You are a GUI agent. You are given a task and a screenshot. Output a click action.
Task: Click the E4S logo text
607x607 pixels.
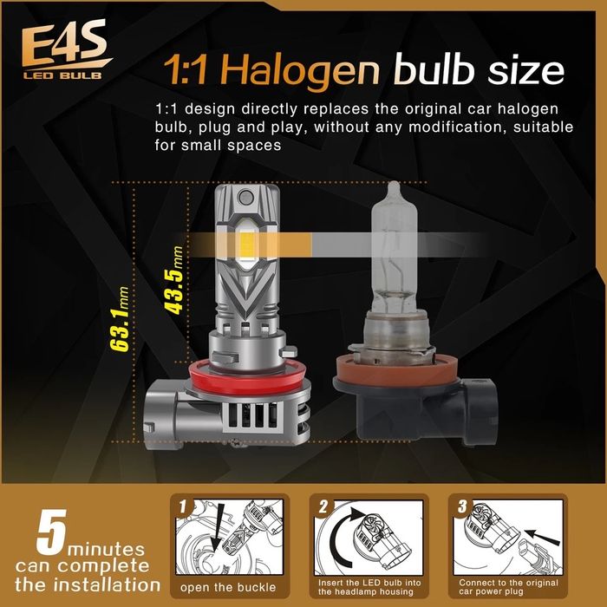65,43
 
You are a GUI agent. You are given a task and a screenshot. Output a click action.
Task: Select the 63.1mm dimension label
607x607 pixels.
120,319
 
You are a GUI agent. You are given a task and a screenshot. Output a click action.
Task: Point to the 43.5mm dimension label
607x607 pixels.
173,280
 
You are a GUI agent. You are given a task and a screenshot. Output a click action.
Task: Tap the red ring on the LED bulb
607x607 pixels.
250,377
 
